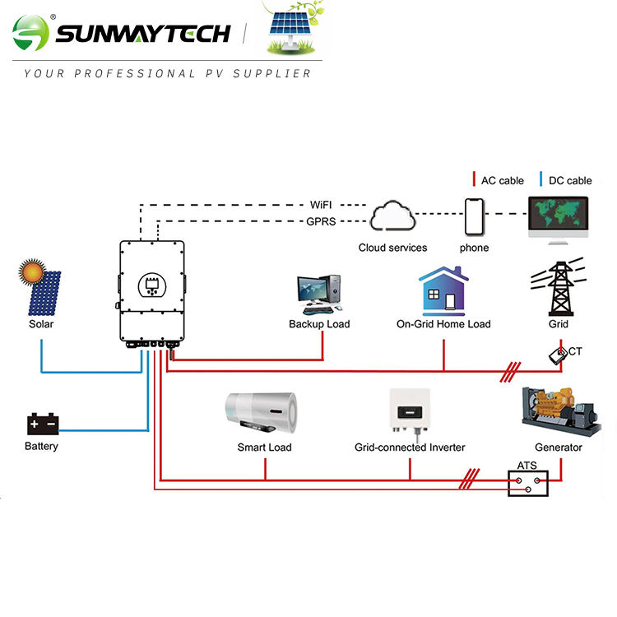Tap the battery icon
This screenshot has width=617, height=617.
point(42,424)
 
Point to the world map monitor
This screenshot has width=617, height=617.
point(558,216)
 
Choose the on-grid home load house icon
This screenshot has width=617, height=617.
point(443,290)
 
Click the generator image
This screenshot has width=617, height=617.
point(559,411)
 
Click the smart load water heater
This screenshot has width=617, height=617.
point(263,414)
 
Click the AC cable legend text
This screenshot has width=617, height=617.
point(502,180)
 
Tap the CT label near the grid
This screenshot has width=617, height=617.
point(575,351)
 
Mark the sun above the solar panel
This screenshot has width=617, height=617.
point(32,270)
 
